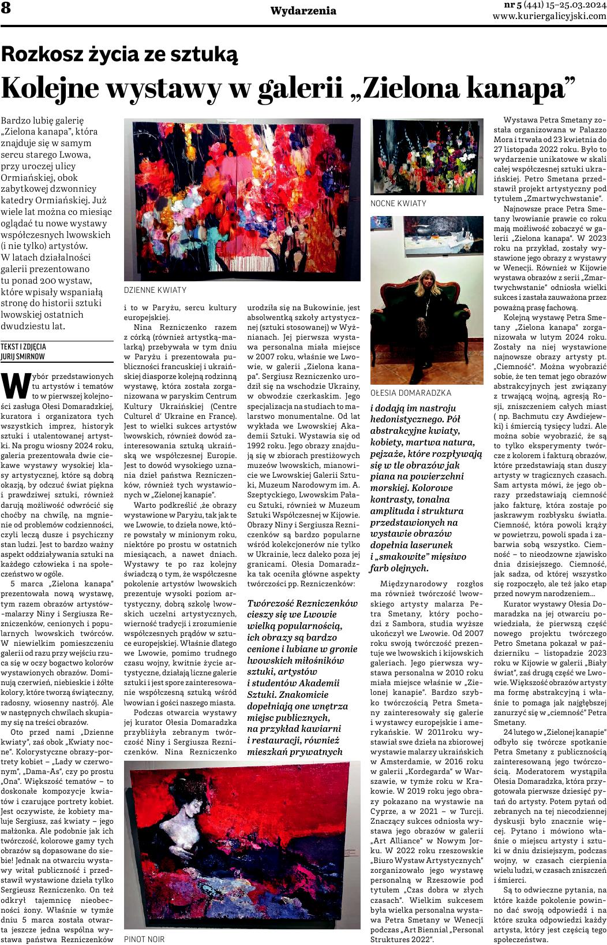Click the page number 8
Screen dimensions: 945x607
[6, 9]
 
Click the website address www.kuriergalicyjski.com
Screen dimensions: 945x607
[549, 16]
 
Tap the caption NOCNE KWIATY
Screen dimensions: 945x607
[398, 203]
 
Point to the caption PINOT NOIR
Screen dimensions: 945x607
[144, 939]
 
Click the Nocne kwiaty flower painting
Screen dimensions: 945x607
[426, 157]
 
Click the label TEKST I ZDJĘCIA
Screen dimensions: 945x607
[24, 347]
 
